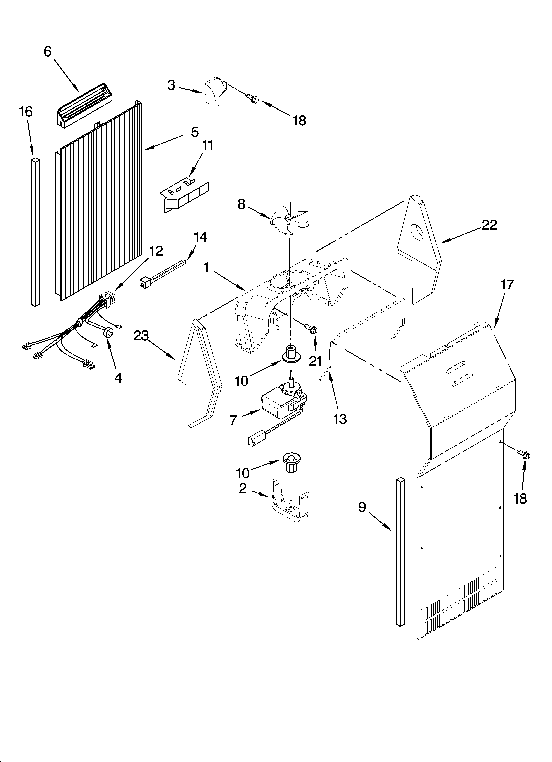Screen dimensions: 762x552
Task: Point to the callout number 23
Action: tap(141, 335)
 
